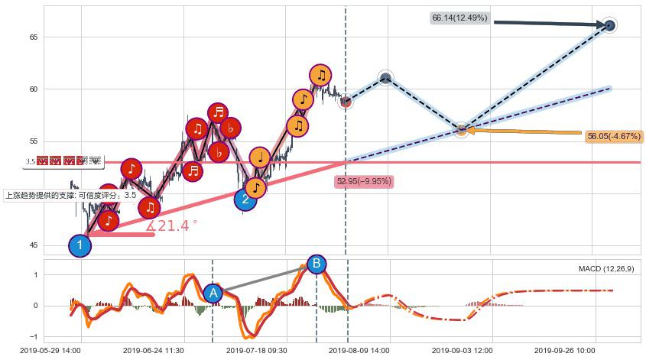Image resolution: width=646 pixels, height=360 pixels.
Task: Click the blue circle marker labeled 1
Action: pos(80,245)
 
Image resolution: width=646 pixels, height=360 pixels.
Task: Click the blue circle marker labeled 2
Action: pos(245,200)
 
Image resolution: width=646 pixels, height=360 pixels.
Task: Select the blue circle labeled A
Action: pos(213,293)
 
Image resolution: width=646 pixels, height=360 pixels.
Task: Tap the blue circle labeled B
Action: pos(316,264)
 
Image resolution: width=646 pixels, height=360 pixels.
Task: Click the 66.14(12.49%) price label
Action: pos(459,18)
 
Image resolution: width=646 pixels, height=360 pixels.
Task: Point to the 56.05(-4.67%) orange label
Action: pos(614,136)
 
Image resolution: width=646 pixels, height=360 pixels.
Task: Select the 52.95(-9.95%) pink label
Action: pos(364,182)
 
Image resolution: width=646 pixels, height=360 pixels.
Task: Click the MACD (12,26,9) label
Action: pos(606,269)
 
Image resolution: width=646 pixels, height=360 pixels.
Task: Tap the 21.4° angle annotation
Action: pos(173,226)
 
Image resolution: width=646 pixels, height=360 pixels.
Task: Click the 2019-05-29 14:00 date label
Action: pos(50,350)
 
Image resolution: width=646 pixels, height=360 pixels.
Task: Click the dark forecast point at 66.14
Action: pos(609,25)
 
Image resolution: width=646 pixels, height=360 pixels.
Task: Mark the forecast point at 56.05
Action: pos(462,130)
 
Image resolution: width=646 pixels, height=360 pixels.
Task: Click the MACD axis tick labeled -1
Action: pos(34,337)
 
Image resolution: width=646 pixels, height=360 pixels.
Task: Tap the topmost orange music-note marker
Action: pos(321,75)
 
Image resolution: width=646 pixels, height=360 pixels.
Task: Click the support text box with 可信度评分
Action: pos(70,195)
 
